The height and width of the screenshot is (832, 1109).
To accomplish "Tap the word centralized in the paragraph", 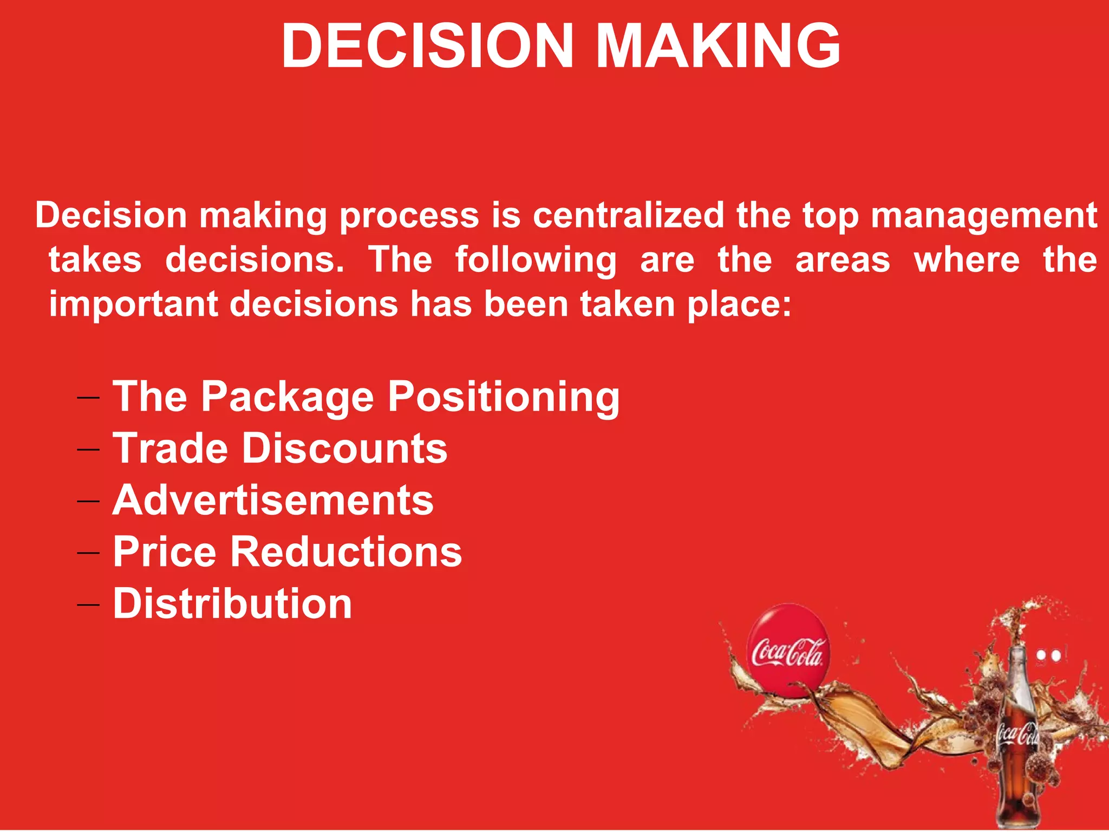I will pyautogui.click(x=628, y=216).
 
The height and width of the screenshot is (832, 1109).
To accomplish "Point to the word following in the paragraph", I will pyautogui.click(x=536, y=261).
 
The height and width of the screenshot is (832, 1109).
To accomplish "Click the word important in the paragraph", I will pyautogui.click(x=133, y=304).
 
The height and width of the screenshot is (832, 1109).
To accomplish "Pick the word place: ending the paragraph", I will pyautogui.click(x=739, y=304).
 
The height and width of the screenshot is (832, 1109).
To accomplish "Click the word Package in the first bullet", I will pyautogui.click(x=288, y=397).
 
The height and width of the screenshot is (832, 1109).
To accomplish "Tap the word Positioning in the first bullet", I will pyautogui.click(x=504, y=397).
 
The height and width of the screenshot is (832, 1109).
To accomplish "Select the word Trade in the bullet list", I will pyautogui.click(x=171, y=448).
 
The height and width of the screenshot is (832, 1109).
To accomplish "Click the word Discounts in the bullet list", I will pyautogui.click(x=344, y=448).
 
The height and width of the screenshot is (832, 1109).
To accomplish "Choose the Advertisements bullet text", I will pyautogui.click(x=273, y=500).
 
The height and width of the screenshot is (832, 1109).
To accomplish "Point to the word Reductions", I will pyautogui.click(x=347, y=552).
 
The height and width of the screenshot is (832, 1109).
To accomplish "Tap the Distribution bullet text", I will pyautogui.click(x=232, y=603).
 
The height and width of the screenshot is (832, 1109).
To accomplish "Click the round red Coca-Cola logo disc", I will pyautogui.click(x=788, y=650).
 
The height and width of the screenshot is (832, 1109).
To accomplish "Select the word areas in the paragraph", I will pyautogui.click(x=843, y=261).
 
